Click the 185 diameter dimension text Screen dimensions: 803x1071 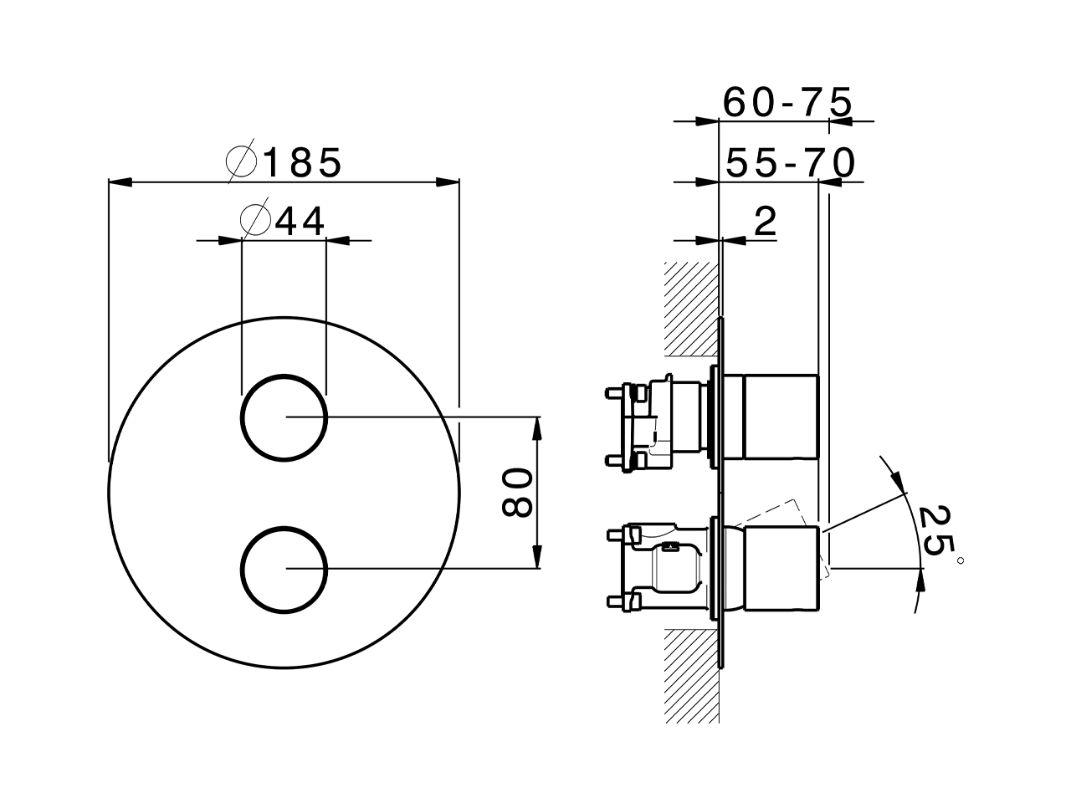pos(302,162)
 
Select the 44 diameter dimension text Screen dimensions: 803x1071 pos(299,221)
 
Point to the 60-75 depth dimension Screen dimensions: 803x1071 pos(787,102)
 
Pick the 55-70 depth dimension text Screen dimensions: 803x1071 pos(790,163)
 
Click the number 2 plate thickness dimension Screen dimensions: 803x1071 pos(766,222)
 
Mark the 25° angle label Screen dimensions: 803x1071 pos(939,533)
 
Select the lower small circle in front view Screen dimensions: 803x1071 pos(284,569)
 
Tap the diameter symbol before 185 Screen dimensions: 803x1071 pos(242,163)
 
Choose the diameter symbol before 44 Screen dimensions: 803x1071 pos(254,221)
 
